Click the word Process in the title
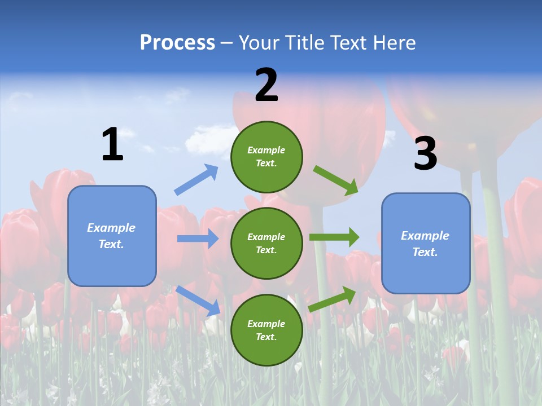177,43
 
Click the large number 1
112,145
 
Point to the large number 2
266,85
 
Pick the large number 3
425,154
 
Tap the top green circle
266,157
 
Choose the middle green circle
266,243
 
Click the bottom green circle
266,330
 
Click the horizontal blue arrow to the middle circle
198,239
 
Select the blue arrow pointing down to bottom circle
198,301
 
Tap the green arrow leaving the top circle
335,180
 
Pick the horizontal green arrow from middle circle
334,237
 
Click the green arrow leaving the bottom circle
333,299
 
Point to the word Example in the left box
111,228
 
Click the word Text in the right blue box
425,252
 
